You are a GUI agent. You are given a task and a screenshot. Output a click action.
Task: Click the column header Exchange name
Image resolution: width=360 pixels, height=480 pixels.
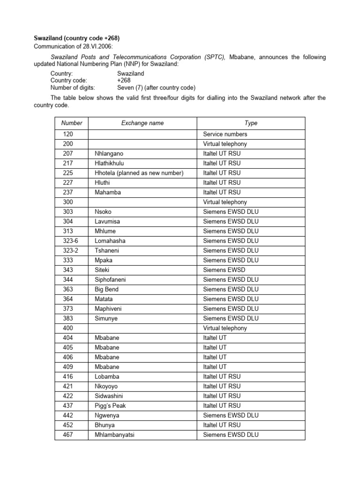142,123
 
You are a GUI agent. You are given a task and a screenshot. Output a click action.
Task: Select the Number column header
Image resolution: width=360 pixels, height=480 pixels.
71,123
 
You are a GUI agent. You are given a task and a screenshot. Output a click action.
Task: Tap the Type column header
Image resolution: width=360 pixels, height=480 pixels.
251,123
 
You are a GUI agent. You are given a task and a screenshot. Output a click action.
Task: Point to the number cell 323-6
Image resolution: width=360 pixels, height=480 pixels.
70,241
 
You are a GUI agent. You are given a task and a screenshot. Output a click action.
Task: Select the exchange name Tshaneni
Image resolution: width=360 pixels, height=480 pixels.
107,250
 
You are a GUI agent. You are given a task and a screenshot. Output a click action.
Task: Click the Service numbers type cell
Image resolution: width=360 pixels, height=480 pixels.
225,134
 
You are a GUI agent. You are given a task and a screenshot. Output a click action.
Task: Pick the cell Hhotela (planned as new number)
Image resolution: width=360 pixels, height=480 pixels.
139,173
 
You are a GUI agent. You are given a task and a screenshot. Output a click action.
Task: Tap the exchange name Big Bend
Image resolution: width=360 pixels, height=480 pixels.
107,289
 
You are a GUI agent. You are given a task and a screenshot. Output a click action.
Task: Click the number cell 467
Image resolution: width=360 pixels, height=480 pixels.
68,435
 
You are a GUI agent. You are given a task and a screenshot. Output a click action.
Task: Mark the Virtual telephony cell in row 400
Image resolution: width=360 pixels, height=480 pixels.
225,328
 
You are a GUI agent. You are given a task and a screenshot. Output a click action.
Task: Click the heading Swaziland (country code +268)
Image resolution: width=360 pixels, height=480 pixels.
80,38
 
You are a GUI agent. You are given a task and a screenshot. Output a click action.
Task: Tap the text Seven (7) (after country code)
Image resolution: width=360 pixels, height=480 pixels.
156,88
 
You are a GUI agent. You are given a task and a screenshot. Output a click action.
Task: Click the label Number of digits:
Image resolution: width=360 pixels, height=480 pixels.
73,88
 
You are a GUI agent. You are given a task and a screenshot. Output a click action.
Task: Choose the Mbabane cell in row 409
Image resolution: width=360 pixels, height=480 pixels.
107,367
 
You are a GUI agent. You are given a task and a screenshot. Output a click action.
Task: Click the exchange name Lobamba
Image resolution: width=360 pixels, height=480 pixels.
107,376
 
